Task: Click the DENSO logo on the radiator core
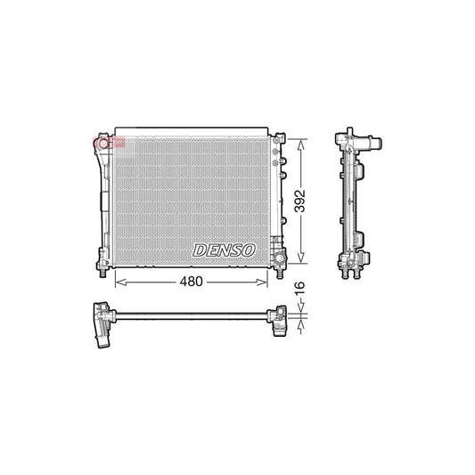(x=225, y=250)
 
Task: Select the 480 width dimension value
(x=192, y=282)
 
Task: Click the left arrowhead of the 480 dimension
(x=119, y=282)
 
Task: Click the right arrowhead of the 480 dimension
(x=265, y=282)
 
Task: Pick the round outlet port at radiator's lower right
(x=278, y=258)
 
